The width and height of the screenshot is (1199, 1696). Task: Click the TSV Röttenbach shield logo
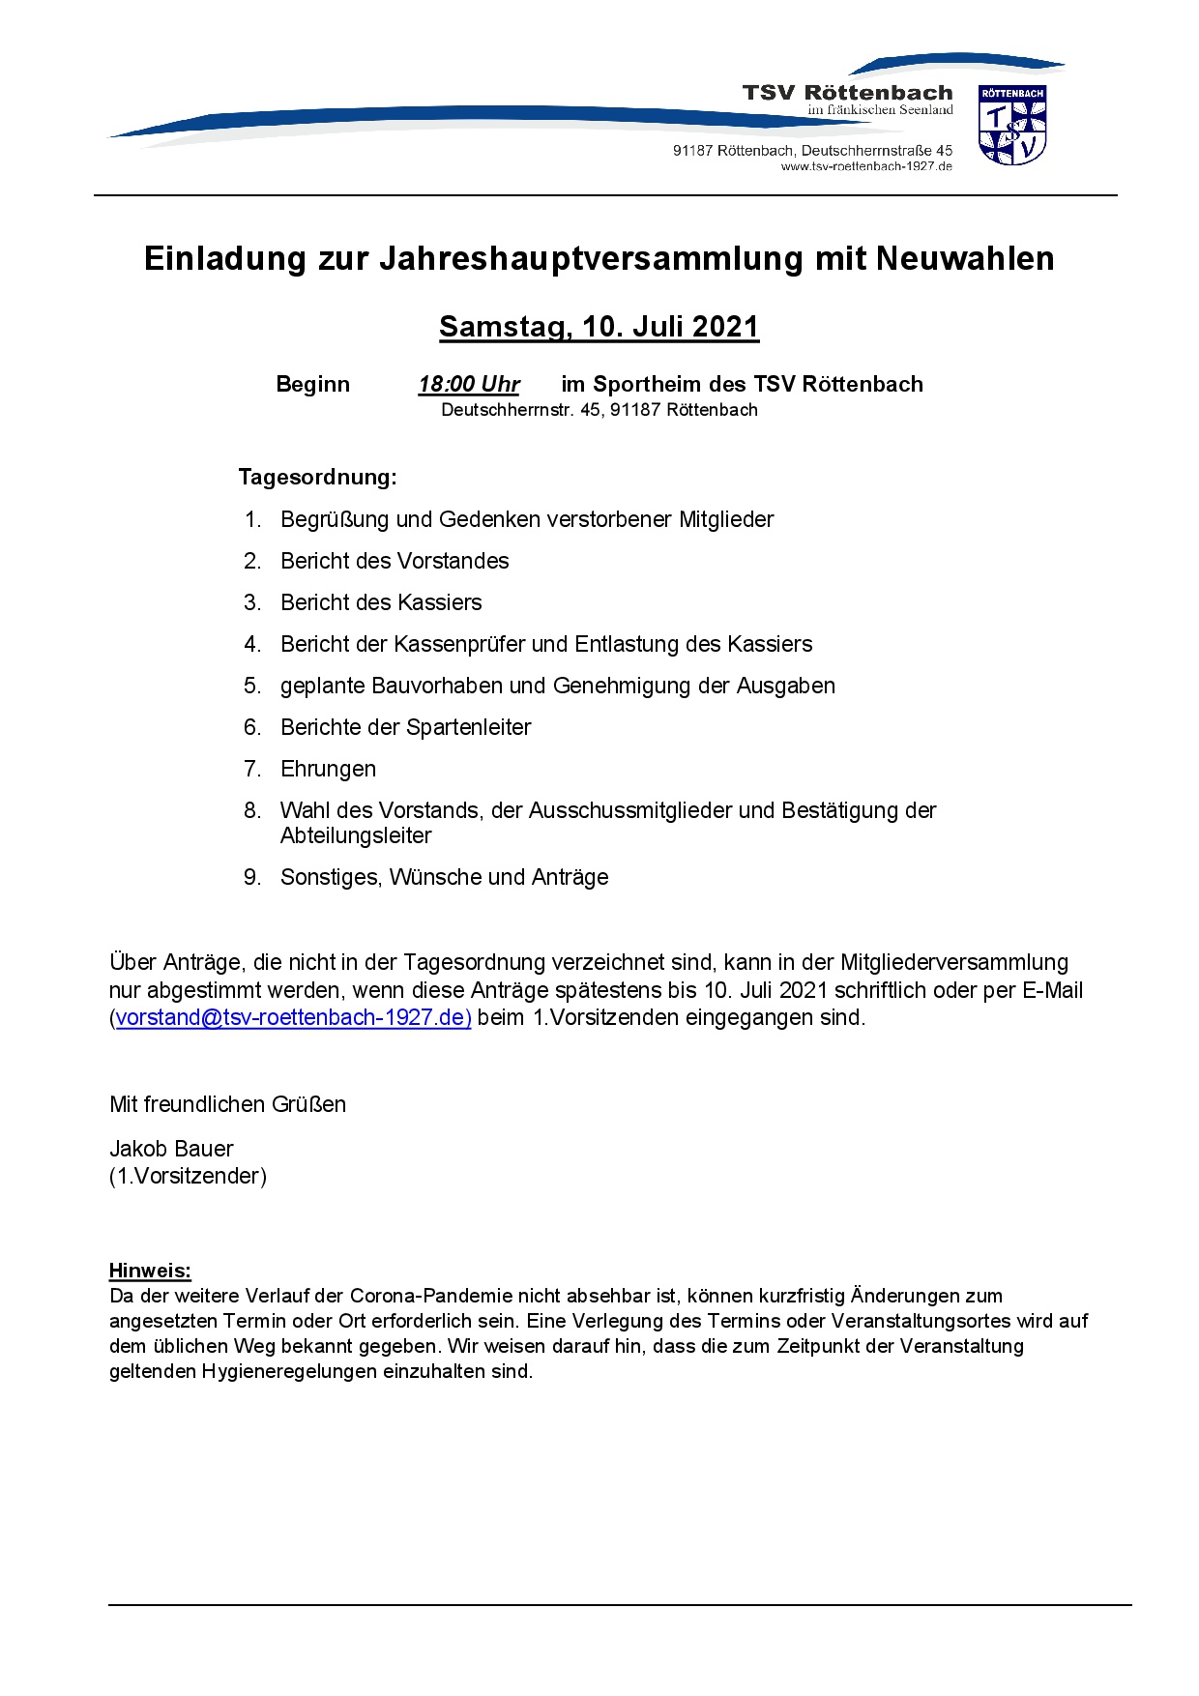click(1012, 125)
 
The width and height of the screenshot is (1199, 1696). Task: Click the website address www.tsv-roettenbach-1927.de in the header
click(866, 166)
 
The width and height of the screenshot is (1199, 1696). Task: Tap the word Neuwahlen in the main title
click(965, 258)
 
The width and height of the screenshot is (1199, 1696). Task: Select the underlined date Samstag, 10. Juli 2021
click(599, 327)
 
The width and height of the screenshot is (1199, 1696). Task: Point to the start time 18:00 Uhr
click(469, 384)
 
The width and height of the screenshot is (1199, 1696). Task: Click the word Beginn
click(312, 384)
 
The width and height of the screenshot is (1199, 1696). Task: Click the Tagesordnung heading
click(317, 477)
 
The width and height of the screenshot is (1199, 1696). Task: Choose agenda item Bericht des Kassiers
click(381, 602)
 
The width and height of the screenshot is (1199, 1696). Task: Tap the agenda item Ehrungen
click(328, 769)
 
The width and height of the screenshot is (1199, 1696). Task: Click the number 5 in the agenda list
click(251, 686)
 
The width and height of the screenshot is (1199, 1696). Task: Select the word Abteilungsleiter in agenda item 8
click(356, 835)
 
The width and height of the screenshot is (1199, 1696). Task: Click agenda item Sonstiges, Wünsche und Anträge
click(444, 877)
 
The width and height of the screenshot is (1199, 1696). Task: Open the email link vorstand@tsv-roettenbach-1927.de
click(293, 1017)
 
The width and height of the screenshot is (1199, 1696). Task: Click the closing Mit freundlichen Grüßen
click(227, 1104)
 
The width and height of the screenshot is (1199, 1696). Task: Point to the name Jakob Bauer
click(171, 1149)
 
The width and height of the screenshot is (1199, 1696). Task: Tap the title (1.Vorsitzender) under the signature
click(188, 1176)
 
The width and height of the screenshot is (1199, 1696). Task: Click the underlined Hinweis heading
click(150, 1271)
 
